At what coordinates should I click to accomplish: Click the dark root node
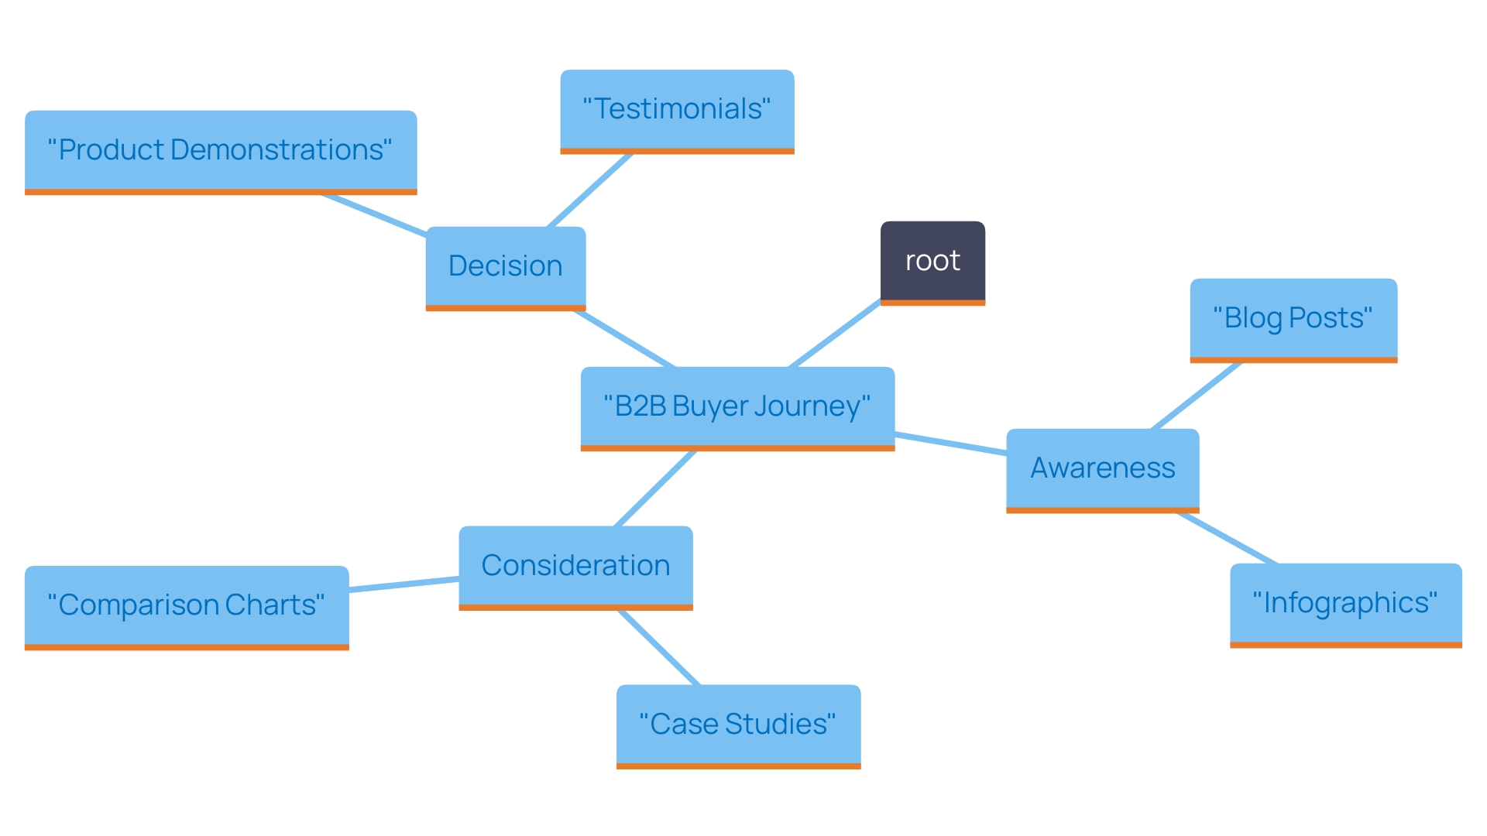click(x=932, y=262)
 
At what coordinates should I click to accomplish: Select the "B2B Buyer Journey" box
click(x=737, y=407)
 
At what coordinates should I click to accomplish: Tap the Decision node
click(x=505, y=266)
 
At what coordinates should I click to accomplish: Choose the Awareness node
click(x=1102, y=468)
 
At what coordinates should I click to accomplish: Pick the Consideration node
click(x=575, y=566)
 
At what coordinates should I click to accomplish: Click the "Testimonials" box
click(x=677, y=110)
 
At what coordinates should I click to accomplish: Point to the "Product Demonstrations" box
click(x=221, y=150)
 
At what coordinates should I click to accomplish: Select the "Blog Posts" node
click(x=1293, y=318)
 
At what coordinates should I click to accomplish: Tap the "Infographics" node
click(x=1345, y=603)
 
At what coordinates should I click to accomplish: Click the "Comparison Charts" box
click(x=187, y=605)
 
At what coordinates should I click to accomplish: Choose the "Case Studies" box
click(x=738, y=725)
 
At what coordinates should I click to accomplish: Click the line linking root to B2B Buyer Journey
click(x=835, y=334)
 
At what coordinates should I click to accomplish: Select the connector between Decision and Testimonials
click(x=590, y=190)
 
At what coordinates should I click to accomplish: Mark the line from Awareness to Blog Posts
click(x=1197, y=396)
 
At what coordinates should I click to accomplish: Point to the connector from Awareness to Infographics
click(x=1227, y=538)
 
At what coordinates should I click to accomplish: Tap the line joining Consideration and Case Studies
click(x=659, y=648)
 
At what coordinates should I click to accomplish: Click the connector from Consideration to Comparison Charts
click(x=404, y=584)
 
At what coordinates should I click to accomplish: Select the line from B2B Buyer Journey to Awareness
click(x=950, y=444)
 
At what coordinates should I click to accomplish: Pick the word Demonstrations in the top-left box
click(x=276, y=150)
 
